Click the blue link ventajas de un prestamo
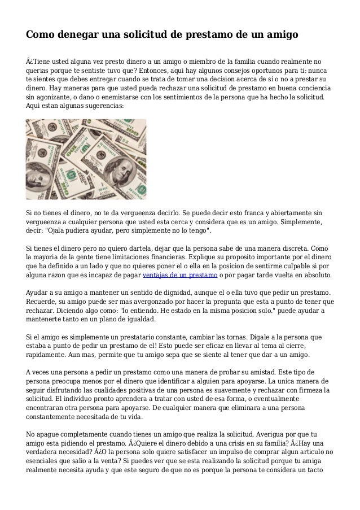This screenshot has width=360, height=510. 181,275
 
